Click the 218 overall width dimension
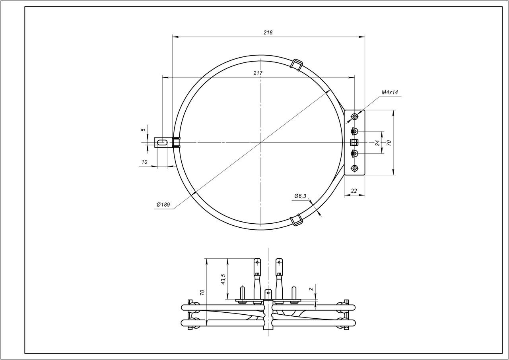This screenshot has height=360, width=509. click(268, 33)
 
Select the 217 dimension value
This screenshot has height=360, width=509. click(258, 73)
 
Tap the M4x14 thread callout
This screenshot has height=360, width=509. click(390, 92)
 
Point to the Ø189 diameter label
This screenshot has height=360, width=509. click(163, 205)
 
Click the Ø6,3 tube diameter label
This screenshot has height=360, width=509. click(300, 196)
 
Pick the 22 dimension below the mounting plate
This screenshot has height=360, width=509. click(354, 191)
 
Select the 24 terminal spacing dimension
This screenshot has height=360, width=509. click(377, 143)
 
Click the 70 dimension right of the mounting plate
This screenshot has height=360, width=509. click(389, 143)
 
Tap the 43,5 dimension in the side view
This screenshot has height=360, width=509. click(223, 279)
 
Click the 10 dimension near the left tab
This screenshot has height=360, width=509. click(144, 162)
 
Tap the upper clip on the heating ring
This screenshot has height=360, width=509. click(297, 64)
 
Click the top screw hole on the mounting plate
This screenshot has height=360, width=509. click(355, 117)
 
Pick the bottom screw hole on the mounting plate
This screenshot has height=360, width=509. click(355, 168)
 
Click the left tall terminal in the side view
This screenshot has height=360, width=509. click(257, 274)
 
